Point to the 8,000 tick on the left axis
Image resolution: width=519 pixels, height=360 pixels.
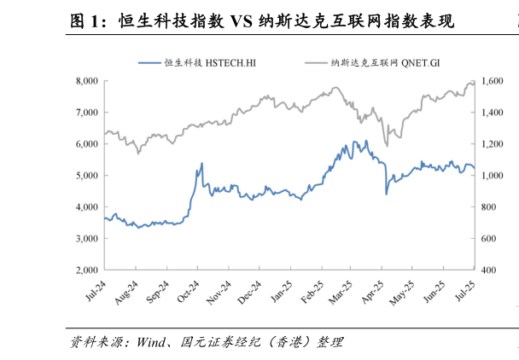pos(85,81)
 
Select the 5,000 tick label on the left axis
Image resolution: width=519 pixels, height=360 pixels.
pos(85,176)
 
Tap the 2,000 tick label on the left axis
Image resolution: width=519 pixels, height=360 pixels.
pos(85,270)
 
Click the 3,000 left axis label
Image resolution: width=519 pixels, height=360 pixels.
pos(85,239)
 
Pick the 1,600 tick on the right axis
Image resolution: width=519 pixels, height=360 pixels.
pos(493,81)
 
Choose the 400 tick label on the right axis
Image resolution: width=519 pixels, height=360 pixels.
pos(490,270)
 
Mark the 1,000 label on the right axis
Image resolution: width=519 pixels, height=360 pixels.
pos(493,176)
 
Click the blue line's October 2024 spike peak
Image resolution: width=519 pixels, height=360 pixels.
pos(201,163)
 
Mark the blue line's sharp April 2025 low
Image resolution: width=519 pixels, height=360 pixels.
pos(387,194)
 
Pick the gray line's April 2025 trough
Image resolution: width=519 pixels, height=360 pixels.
pos(387,145)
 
